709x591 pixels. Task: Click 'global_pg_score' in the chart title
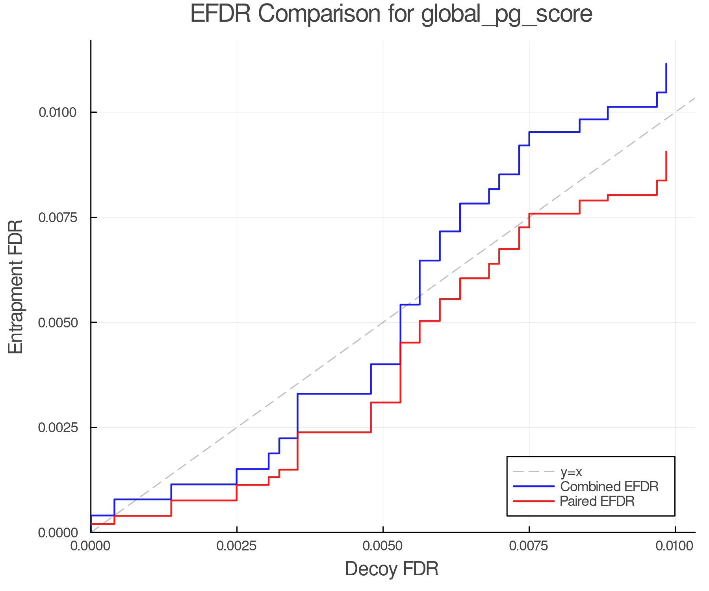(507, 15)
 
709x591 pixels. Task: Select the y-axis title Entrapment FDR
(16, 286)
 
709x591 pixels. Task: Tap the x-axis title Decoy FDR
(392, 569)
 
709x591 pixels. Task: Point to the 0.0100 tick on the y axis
(58, 112)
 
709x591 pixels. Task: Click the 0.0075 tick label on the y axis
(58, 217)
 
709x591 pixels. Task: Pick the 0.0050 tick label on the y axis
(58, 322)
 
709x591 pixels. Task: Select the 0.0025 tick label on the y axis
(58, 427)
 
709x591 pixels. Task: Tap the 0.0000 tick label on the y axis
(58, 533)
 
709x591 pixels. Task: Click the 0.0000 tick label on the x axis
(91, 546)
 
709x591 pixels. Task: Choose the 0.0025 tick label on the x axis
(237, 546)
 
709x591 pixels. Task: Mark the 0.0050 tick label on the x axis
(383, 546)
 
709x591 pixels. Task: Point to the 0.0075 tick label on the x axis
(529, 546)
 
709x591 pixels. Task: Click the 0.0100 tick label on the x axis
(675, 546)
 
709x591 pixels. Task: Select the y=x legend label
(571, 472)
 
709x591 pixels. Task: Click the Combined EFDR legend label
(609, 487)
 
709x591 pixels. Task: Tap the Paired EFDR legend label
(597, 501)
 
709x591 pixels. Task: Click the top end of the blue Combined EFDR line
(666, 64)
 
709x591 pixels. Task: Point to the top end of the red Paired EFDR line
(666, 152)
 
